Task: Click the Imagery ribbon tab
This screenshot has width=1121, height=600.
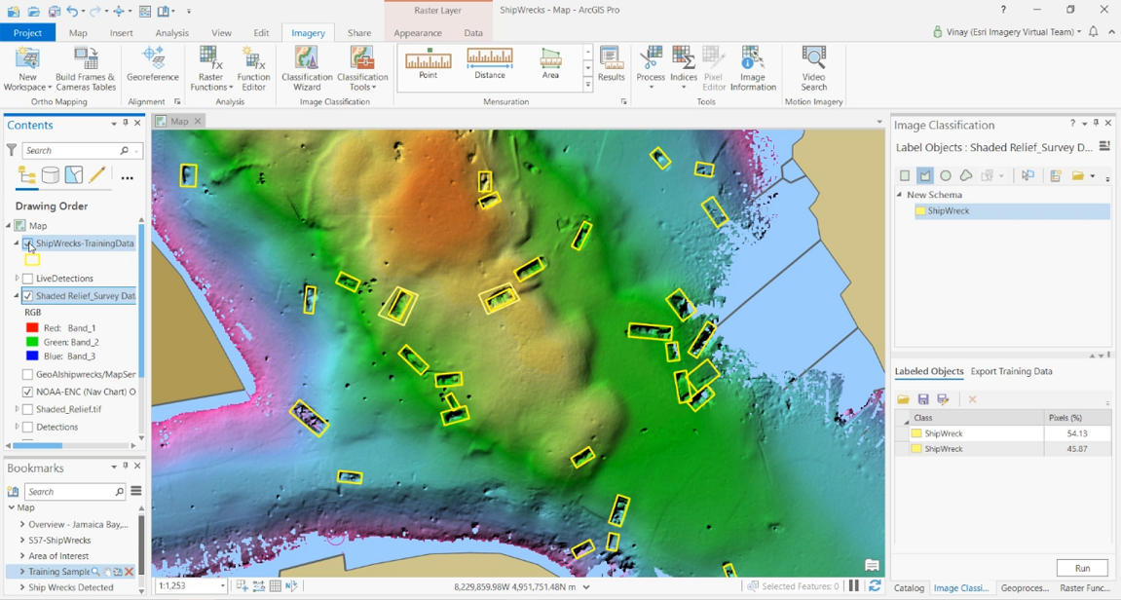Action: [x=308, y=33]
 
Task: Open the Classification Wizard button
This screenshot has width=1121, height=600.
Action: [x=307, y=68]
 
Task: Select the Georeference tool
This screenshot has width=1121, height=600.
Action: [x=153, y=64]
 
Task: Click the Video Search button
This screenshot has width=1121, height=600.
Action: [x=813, y=68]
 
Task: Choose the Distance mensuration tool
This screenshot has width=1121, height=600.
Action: [x=490, y=63]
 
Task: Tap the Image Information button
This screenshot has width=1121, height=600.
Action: [x=753, y=68]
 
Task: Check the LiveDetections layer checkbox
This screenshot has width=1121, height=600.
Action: [x=28, y=279]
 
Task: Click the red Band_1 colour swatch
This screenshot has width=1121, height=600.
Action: [x=32, y=328]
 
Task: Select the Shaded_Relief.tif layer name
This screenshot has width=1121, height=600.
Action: [x=68, y=409]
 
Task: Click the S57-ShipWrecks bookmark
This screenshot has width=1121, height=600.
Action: [x=59, y=541]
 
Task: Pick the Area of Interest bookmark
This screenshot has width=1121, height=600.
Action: [x=58, y=556]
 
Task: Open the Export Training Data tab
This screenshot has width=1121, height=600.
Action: [x=1011, y=371]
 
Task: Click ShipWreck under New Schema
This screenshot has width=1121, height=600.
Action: [x=948, y=210]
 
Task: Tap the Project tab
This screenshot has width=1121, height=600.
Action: [x=28, y=33]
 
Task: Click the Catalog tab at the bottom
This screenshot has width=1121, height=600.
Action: [x=909, y=588]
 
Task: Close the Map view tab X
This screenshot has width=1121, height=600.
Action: [x=198, y=122]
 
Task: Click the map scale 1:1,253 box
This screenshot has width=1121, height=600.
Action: [x=185, y=586]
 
